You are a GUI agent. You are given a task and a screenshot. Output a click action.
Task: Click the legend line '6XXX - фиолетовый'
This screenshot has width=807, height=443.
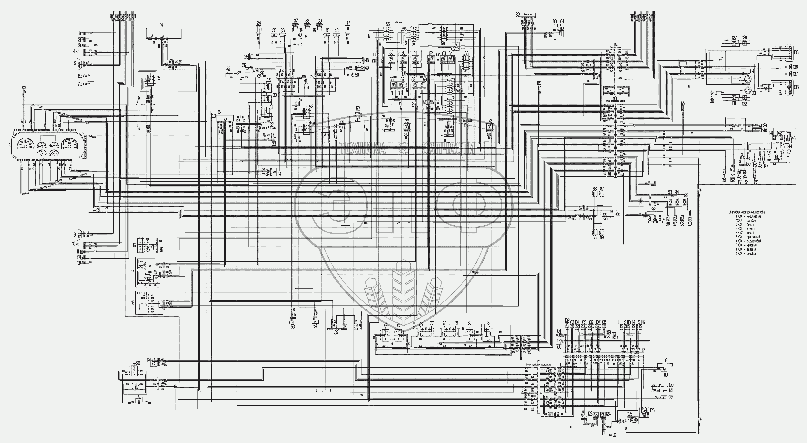(749, 241)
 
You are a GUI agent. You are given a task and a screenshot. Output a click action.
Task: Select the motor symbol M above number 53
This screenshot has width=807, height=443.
(293, 322)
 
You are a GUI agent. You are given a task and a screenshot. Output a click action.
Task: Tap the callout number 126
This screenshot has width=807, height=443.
(652, 410)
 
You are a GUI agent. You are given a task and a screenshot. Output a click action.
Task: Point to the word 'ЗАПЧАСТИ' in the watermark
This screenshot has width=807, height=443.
(448, 149)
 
